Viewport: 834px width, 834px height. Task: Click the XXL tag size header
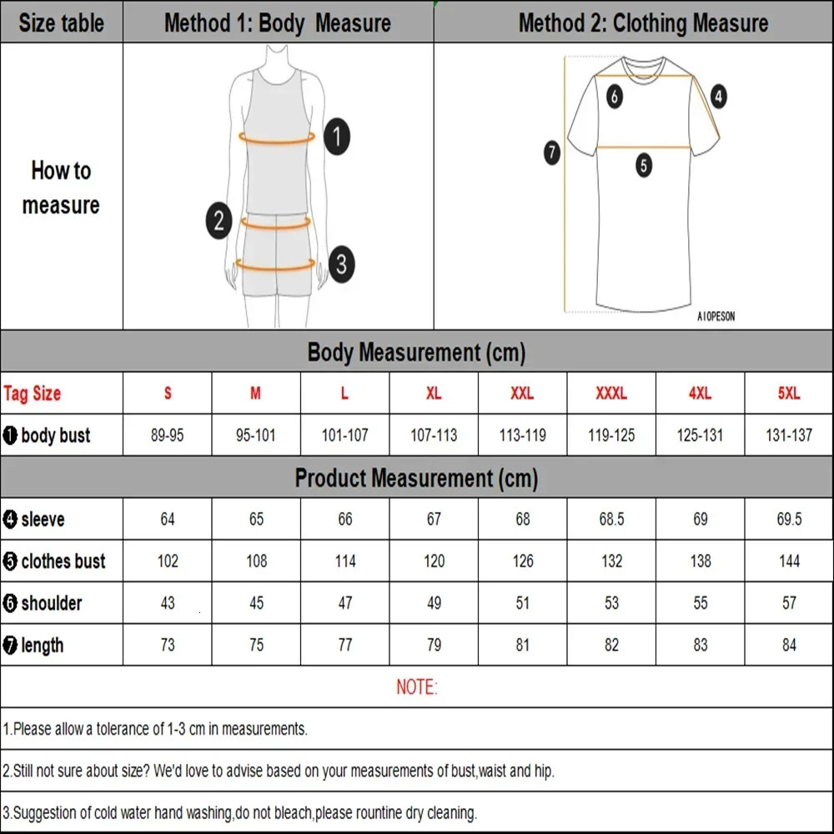tap(522, 394)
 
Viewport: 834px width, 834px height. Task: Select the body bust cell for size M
tap(256, 435)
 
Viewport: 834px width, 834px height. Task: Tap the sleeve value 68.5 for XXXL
tap(611, 520)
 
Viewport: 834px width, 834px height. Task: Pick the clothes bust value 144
tap(789, 561)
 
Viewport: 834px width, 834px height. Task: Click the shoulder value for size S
tap(168, 603)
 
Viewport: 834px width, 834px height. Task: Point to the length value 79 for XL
tap(434, 645)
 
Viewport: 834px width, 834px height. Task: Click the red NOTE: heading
tap(416, 687)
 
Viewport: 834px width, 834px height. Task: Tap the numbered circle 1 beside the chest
tap(336, 136)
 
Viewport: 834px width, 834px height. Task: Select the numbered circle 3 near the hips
tap(341, 264)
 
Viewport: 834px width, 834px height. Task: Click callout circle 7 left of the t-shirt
tap(552, 153)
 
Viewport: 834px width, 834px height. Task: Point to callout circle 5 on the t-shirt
tap(644, 165)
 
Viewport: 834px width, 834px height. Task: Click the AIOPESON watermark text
tap(716, 317)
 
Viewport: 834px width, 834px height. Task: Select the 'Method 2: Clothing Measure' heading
tap(643, 23)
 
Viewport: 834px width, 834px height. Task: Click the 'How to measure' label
tap(61, 188)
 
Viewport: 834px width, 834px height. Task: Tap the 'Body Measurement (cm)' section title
tap(416, 352)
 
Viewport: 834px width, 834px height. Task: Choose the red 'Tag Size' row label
tap(33, 394)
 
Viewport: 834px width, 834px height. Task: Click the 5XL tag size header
tap(789, 394)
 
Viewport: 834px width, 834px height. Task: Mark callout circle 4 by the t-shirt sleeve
tap(719, 97)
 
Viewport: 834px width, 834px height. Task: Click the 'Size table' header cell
tap(61, 23)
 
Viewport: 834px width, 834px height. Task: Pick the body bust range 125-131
tap(700, 435)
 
